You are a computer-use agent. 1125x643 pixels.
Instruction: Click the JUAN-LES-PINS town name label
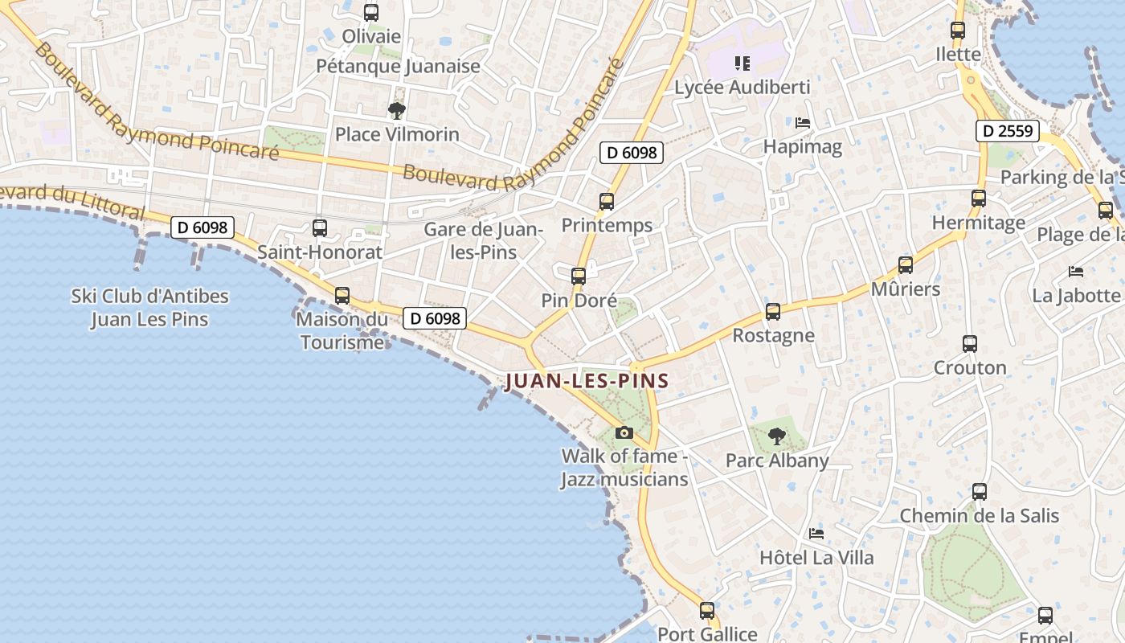click(587, 380)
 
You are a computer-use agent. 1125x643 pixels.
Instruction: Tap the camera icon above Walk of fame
click(624, 433)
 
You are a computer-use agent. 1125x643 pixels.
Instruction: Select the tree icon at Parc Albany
click(776, 436)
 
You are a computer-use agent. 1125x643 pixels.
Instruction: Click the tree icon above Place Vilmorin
click(396, 110)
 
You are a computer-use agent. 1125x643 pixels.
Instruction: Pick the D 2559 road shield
click(1008, 131)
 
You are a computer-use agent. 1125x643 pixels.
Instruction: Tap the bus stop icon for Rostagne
click(773, 312)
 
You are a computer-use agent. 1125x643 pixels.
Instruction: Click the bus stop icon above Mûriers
click(906, 265)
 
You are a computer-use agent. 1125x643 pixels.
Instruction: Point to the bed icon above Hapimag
click(802, 123)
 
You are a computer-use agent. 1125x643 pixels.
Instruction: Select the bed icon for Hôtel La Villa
click(816, 533)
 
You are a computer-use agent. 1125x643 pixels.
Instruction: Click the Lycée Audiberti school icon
click(742, 63)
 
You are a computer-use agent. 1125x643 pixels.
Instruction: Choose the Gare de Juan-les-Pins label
click(484, 240)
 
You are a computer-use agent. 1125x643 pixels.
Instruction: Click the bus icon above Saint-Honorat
click(320, 228)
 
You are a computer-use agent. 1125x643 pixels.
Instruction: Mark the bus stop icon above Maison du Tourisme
click(342, 296)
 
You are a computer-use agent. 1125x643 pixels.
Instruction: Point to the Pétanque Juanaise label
click(398, 66)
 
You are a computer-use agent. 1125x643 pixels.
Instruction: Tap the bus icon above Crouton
click(970, 344)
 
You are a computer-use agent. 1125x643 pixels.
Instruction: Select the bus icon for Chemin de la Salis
click(980, 492)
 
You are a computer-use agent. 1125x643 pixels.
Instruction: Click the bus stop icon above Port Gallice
click(707, 611)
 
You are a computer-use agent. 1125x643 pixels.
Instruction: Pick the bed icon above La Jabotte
click(1076, 272)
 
